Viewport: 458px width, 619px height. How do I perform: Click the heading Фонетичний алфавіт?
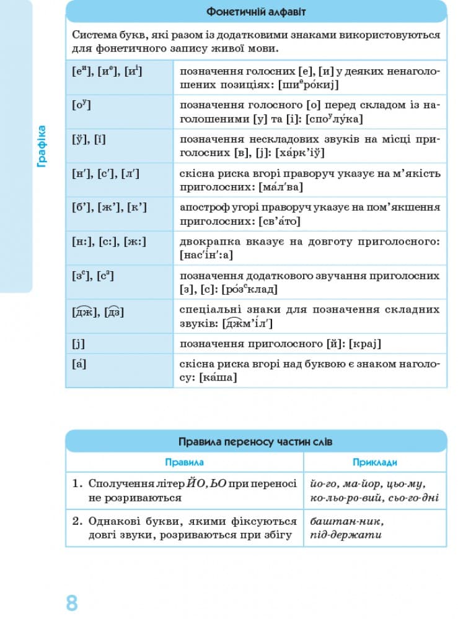255,12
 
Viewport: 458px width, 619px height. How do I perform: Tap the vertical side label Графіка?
42,147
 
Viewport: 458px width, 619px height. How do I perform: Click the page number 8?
72,602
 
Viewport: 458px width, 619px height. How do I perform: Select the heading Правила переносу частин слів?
255,442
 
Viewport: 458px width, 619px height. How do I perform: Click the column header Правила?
184,462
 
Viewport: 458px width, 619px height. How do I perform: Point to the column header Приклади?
374,462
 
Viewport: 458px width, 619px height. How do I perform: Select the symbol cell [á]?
79,363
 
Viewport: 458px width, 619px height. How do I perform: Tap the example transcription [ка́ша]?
218,376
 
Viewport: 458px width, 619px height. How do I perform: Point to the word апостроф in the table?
201,207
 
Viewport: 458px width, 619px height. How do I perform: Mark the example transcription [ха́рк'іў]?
301,153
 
